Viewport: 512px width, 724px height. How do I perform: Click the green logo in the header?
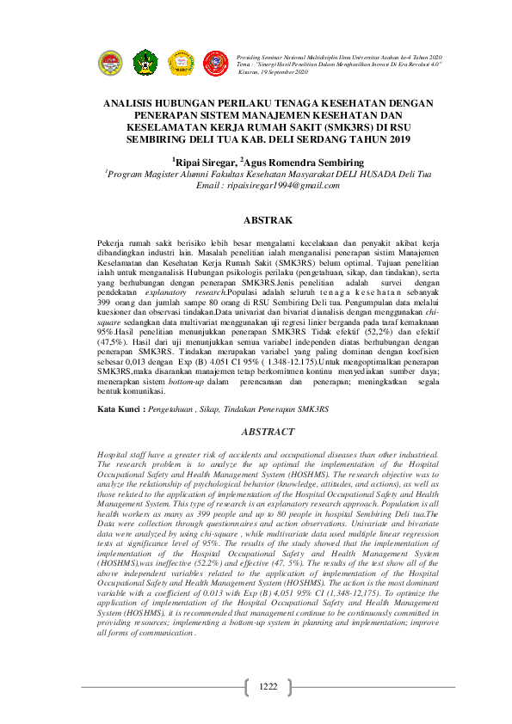tap(146, 61)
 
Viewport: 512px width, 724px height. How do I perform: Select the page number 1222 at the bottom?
tap(268, 686)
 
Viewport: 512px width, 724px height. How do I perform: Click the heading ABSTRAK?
tap(268, 220)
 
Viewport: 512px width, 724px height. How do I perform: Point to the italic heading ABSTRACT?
tap(268, 431)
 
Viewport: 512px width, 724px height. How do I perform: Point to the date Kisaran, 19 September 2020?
tap(274, 72)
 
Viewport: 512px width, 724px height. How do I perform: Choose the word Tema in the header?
tap(244, 64)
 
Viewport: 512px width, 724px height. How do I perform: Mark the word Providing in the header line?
tap(250, 55)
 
